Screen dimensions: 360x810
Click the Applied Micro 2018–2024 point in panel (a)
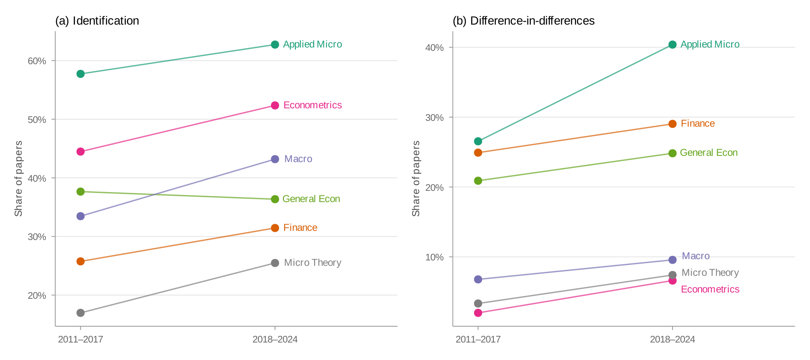[275, 45]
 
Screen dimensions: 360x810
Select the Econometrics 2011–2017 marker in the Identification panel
[80, 152]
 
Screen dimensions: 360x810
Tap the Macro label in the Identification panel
[298, 159]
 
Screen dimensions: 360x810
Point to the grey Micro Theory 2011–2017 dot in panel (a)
[80, 313]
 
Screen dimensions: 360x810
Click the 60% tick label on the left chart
[37, 61]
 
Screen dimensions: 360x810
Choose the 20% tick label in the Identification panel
[37, 295]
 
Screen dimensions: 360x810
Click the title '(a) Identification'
[97, 21]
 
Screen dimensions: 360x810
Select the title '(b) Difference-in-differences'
[523, 21]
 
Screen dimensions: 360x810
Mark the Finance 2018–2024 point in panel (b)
[672, 124]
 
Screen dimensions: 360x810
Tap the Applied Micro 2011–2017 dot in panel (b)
[478, 141]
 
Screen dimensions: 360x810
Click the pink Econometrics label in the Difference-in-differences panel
[710, 289]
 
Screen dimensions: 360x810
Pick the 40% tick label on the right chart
[434, 47]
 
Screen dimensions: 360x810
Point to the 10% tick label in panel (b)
[434, 257]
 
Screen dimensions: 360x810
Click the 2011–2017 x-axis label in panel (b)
[478, 339]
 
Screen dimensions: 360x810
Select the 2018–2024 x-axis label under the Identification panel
[275, 339]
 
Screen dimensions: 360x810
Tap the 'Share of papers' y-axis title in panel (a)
[18, 178]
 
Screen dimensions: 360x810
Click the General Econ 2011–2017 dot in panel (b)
[478, 181]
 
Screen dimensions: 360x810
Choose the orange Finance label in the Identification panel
[300, 227]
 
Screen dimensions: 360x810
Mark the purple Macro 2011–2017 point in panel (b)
[478, 279]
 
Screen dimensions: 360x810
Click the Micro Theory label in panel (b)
[710, 272]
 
